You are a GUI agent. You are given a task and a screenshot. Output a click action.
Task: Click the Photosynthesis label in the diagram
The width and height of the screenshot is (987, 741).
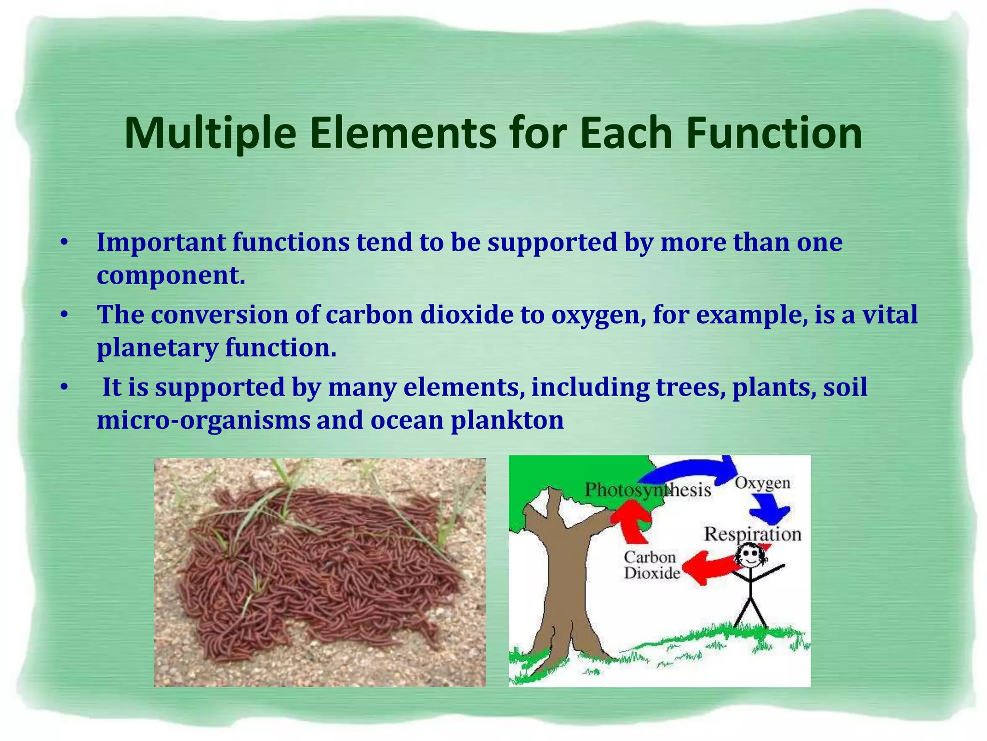(647, 490)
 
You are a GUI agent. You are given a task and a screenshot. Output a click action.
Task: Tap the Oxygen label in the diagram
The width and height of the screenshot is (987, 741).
(762, 483)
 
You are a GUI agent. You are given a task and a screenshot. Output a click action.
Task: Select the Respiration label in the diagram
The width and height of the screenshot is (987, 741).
(752, 535)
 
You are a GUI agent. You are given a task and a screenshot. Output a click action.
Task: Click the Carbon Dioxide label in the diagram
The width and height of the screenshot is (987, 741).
(651, 565)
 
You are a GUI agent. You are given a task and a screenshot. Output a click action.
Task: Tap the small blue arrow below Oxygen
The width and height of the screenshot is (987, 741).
(771, 511)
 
